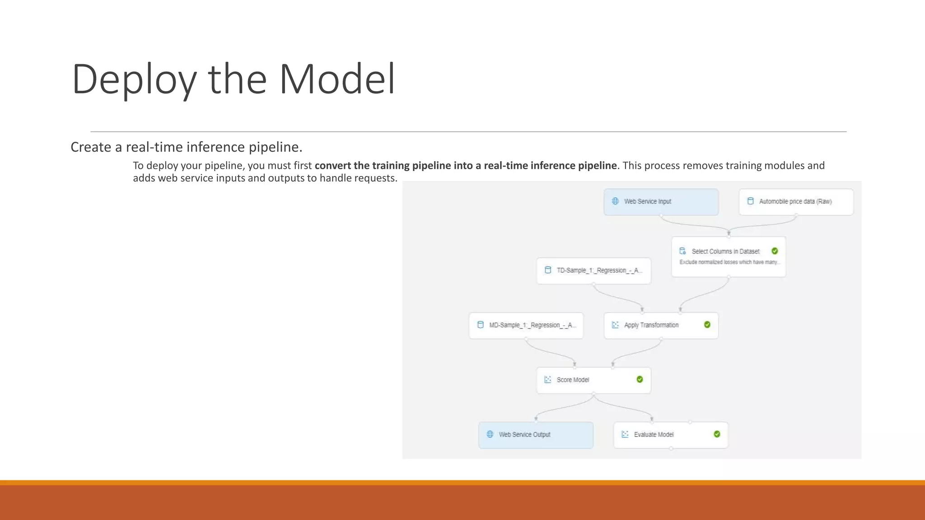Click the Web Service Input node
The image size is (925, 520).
[661, 202]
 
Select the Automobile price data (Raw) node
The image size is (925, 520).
[796, 202]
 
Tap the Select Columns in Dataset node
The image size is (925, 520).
[728, 256]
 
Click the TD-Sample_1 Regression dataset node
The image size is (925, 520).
[593, 270]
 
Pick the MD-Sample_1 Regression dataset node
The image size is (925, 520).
[526, 325]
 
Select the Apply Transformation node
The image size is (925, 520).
[661, 325]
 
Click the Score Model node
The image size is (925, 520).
[593, 380]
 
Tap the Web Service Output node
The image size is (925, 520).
[536, 435]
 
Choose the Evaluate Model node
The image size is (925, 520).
[671, 435]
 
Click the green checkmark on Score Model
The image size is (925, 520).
[640, 379]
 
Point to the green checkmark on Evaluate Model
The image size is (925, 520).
[717, 434]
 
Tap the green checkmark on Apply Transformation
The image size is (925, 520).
[707, 325]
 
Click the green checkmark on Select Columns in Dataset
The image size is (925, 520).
[775, 251]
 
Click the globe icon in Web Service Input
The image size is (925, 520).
[615, 201]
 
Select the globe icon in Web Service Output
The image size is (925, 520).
[490, 434]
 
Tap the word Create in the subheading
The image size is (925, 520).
[91, 147]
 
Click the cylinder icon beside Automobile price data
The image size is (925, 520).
[750, 201]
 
